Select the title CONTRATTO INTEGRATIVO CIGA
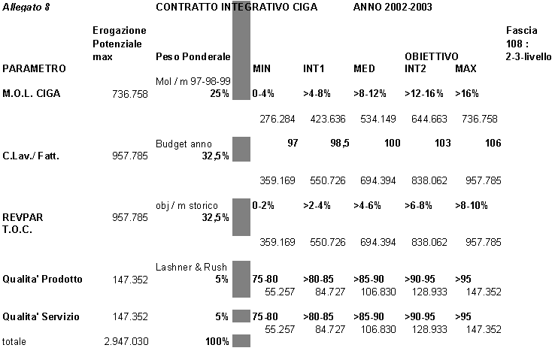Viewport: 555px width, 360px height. click(x=236, y=7)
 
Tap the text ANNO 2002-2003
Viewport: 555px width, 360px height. click(x=393, y=7)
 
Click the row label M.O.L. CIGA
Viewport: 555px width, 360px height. click(x=32, y=93)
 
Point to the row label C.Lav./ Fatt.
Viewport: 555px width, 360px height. click(x=31, y=157)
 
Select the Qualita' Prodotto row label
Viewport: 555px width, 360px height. click(x=42, y=279)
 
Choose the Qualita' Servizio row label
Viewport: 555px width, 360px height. click(x=41, y=316)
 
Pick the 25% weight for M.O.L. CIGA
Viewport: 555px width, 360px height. click(x=220, y=93)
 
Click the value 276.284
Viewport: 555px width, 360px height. click(x=277, y=119)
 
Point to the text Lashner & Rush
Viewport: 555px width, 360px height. click(x=192, y=267)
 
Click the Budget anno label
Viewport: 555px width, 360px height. click(x=183, y=144)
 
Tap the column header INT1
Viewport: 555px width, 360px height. click(x=314, y=68)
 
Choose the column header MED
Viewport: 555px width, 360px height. click(x=364, y=68)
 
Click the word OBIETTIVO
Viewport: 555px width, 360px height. click(x=432, y=56)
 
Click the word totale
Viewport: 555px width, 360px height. click(x=14, y=341)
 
